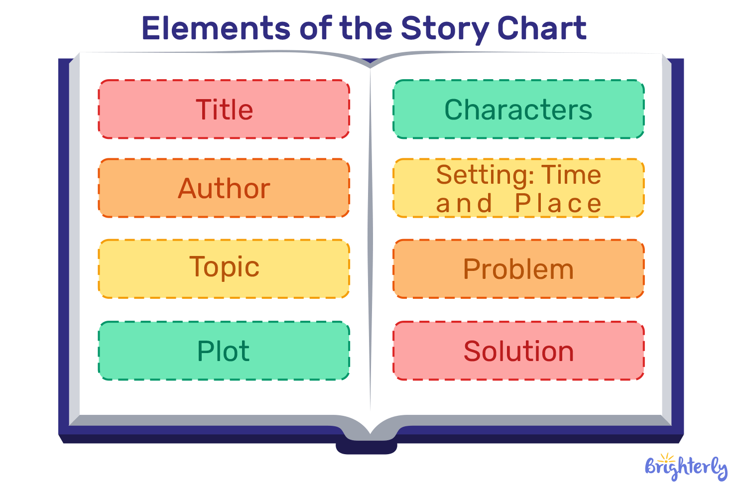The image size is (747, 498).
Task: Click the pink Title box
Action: [x=224, y=109]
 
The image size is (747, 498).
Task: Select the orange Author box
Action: [x=224, y=188]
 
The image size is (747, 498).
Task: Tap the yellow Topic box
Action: [x=224, y=268]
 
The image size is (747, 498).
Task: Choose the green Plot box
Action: [x=224, y=351]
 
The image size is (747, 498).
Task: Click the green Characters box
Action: [x=518, y=109]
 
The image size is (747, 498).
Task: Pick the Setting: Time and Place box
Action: [x=518, y=188]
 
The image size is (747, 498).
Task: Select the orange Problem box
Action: [x=518, y=269]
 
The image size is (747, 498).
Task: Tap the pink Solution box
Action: [x=518, y=351]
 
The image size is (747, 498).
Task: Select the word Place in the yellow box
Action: [x=558, y=203]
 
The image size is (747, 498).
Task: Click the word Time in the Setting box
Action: [x=571, y=175]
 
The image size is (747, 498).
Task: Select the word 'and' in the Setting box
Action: [x=464, y=203]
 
